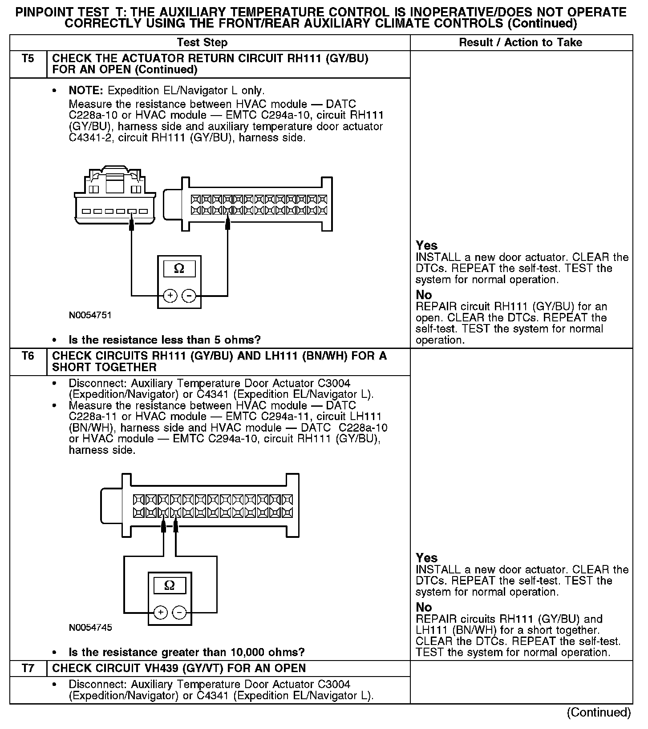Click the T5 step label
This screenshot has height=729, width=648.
coord(28,59)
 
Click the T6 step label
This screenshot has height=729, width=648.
coord(28,356)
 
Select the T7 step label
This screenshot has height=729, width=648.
coord(28,669)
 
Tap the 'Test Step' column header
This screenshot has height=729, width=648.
coord(202,43)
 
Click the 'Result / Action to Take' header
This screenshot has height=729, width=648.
coord(520,43)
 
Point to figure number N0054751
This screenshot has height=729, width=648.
coord(90,315)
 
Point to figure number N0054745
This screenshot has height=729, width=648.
coord(90,628)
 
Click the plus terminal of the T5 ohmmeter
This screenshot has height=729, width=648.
coord(170,296)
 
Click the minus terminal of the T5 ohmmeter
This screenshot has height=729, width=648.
coord(189,296)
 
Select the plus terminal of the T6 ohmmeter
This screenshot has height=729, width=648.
coord(161,613)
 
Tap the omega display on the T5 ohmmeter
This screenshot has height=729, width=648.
coord(179,268)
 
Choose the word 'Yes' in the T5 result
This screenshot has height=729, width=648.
coord(426,245)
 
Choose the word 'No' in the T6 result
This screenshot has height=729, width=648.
coord(424,607)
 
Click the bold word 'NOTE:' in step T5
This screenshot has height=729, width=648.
coord(86,91)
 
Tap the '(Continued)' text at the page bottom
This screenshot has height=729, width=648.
coord(599,713)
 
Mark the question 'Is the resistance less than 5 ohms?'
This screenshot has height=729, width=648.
coord(165,340)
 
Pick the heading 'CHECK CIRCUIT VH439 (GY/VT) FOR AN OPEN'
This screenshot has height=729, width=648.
coord(179,669)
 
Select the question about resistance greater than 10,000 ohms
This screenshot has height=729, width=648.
coord(186,653)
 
